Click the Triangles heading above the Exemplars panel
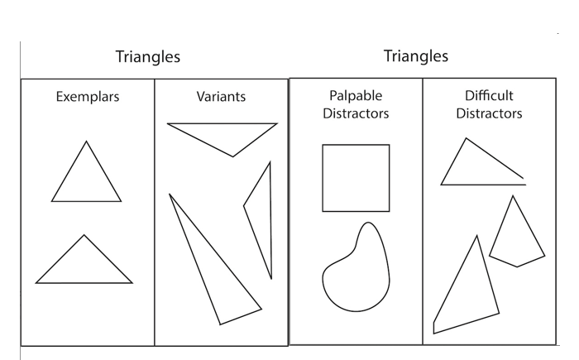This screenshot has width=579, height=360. coord(147,57)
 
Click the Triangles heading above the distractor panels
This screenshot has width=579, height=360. coord(415,55)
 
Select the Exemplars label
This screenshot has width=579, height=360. coord(88,97)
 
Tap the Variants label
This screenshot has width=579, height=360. coord(221,97)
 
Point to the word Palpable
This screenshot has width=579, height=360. coord(355,97)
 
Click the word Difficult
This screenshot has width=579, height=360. coord(489,97)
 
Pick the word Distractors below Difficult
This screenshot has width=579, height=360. coord(489,113)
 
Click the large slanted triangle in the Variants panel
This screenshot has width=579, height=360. coord(215,265)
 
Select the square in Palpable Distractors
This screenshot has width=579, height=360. coord(356,178)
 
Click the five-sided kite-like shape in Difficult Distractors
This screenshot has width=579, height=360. coord(516,236)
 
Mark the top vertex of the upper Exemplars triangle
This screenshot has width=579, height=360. coord(86,142)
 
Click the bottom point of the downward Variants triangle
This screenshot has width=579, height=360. coord(233,156)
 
